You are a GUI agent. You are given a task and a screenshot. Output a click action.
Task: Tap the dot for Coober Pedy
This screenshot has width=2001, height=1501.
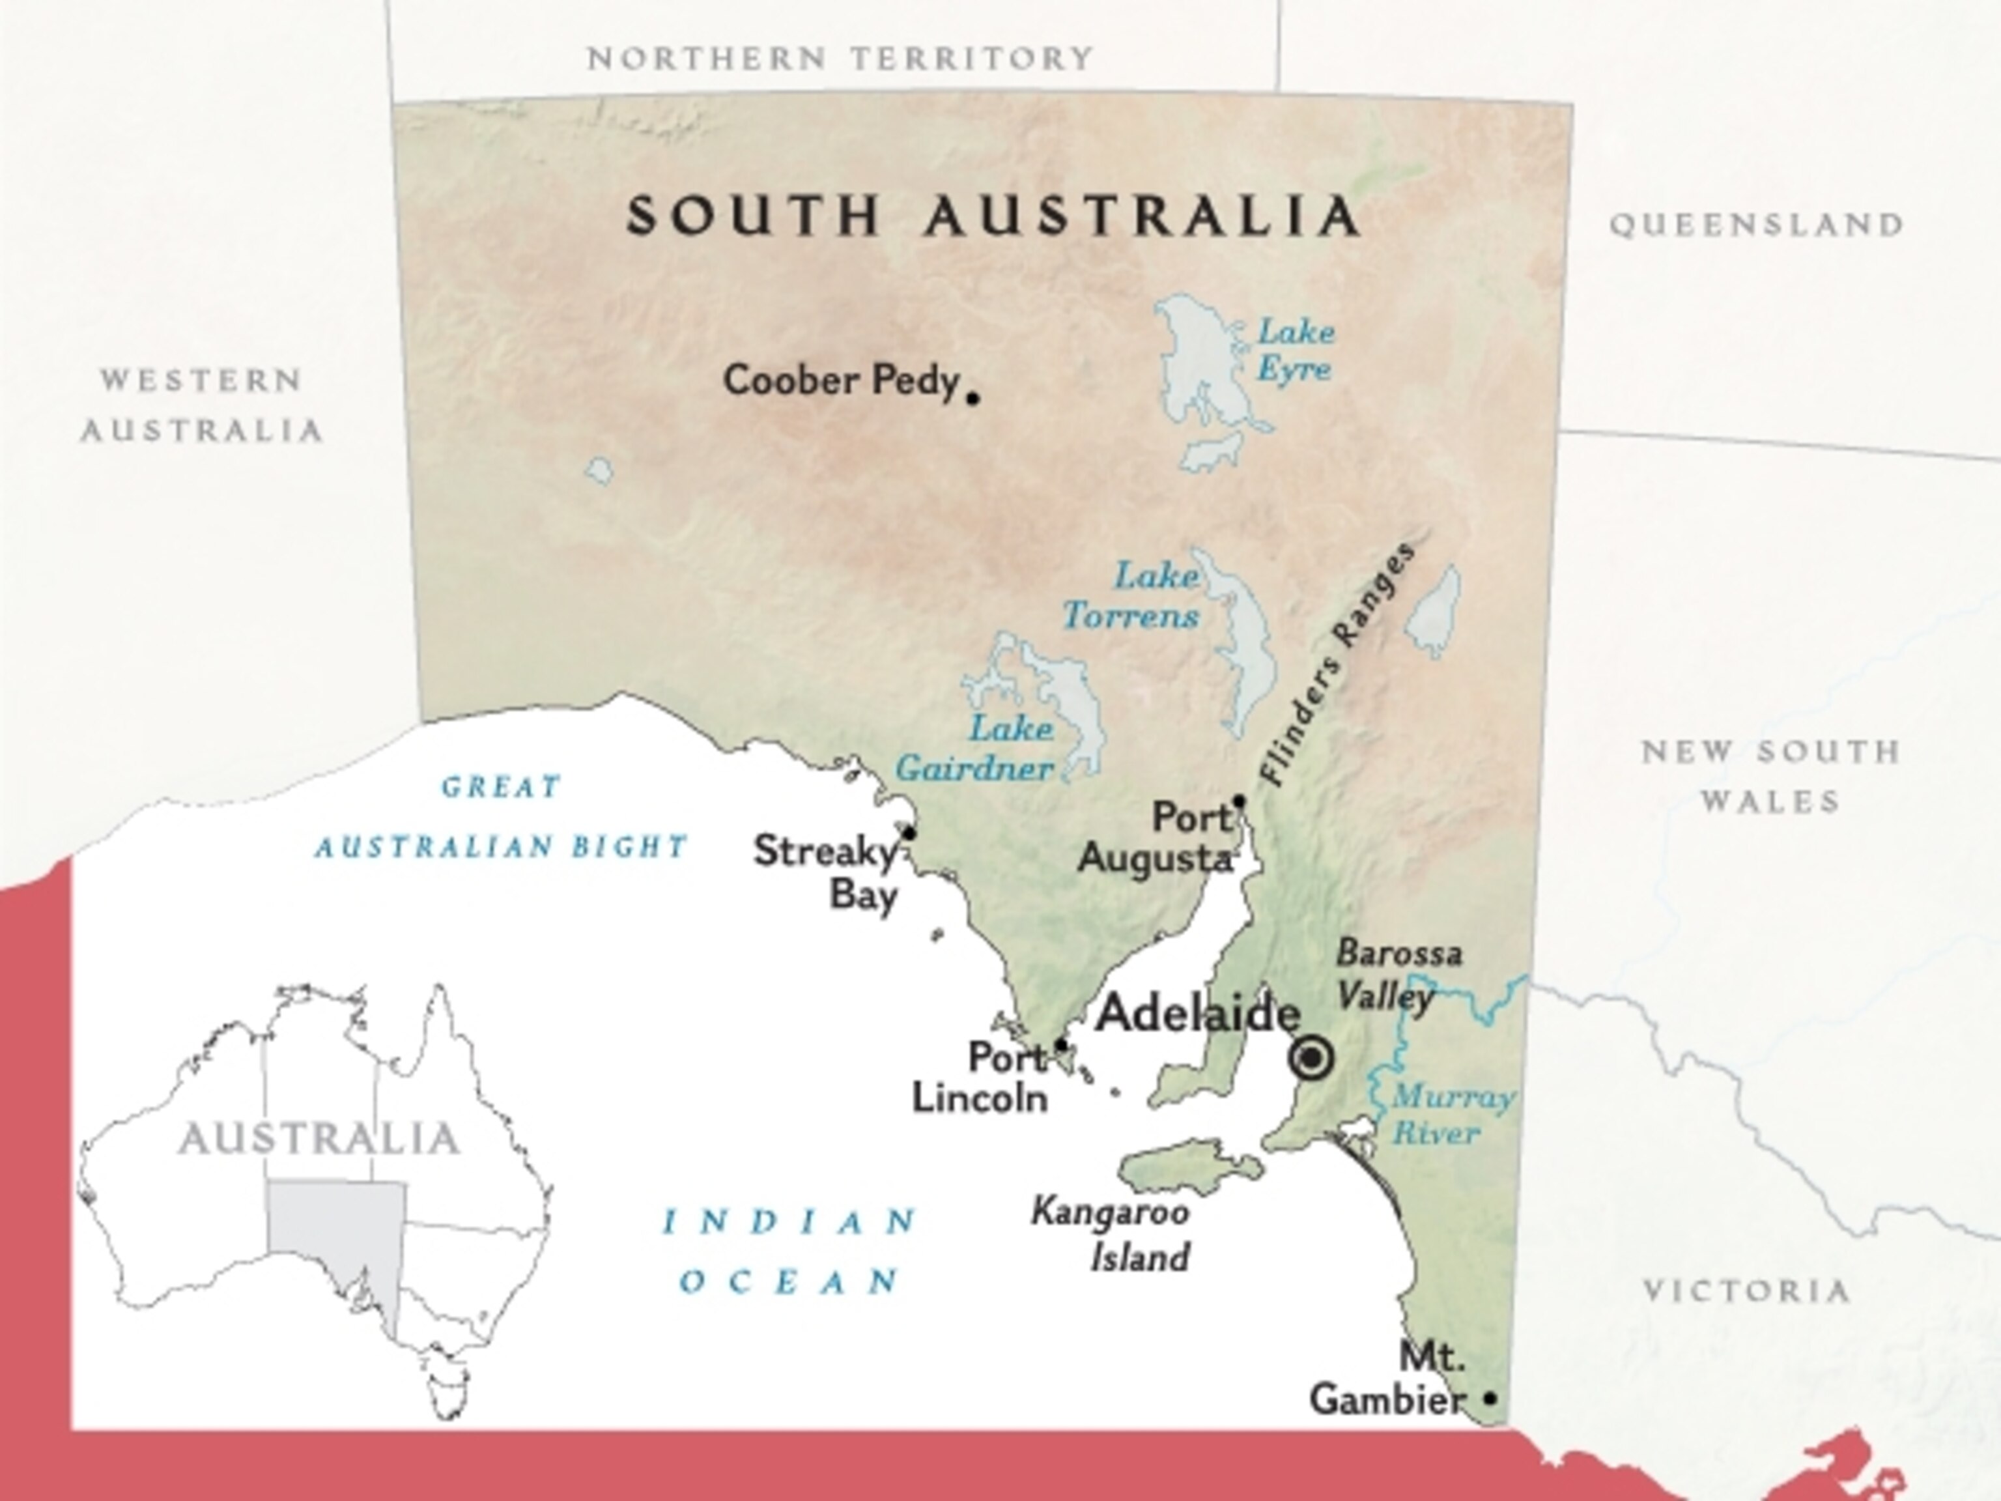point(973,397)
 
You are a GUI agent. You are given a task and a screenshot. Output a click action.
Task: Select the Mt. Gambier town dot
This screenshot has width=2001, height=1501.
point(1490,1398)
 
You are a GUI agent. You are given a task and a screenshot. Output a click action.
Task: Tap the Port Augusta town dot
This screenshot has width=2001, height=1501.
point(1240,801)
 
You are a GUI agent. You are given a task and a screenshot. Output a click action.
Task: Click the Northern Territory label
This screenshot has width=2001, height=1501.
point(840,59)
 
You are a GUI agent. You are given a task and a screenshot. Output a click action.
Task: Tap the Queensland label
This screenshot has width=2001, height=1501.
point(1757,224)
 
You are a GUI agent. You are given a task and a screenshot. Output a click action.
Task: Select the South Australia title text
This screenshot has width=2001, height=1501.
point(993,216)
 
